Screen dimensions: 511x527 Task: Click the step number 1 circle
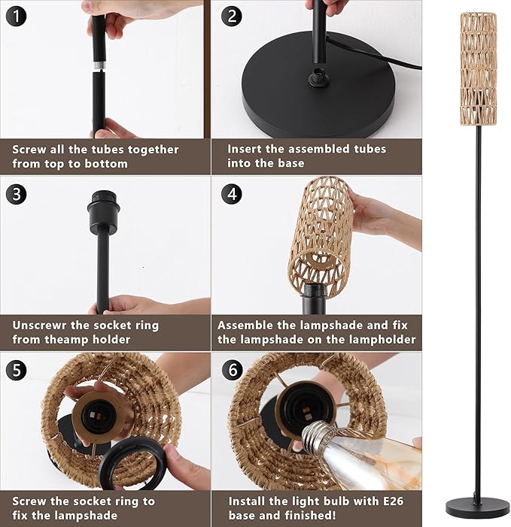click(16, 17)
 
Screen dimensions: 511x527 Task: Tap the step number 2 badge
click(232, 16)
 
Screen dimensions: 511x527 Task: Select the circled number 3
click(16, 194)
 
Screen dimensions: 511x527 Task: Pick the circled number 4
click(232, 194)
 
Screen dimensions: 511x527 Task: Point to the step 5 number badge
click(16, 370)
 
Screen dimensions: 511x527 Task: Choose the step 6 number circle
click(233, 370)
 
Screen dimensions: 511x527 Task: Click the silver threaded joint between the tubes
click(99, 65)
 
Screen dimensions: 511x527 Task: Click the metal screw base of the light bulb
click(318, 436)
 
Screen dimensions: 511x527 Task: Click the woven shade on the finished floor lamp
click(478, 68)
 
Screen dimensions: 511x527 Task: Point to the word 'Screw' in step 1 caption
click(29, 150)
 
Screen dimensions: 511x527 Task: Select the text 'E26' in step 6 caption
click(393, 501)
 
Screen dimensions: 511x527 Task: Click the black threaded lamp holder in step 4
click(314, 298)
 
